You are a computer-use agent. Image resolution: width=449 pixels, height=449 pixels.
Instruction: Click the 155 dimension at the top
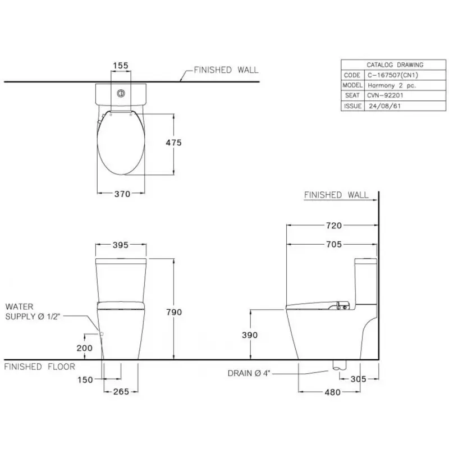121,66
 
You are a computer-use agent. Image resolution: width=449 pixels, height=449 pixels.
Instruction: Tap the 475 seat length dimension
173,143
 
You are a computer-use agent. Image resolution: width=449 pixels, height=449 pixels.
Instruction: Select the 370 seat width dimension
122,194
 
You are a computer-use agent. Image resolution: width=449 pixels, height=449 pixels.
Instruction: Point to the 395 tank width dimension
120,245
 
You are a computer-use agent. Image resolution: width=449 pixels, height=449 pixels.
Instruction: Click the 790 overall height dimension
174,312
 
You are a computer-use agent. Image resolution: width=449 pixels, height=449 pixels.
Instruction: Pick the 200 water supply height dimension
85,348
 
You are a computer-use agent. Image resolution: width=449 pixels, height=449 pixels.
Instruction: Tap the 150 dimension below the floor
85,380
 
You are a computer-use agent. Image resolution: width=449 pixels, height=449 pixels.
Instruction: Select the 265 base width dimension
121,391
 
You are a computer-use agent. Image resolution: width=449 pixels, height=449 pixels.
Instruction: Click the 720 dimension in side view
334,226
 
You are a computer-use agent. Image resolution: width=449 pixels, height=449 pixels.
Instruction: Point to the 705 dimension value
334,244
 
